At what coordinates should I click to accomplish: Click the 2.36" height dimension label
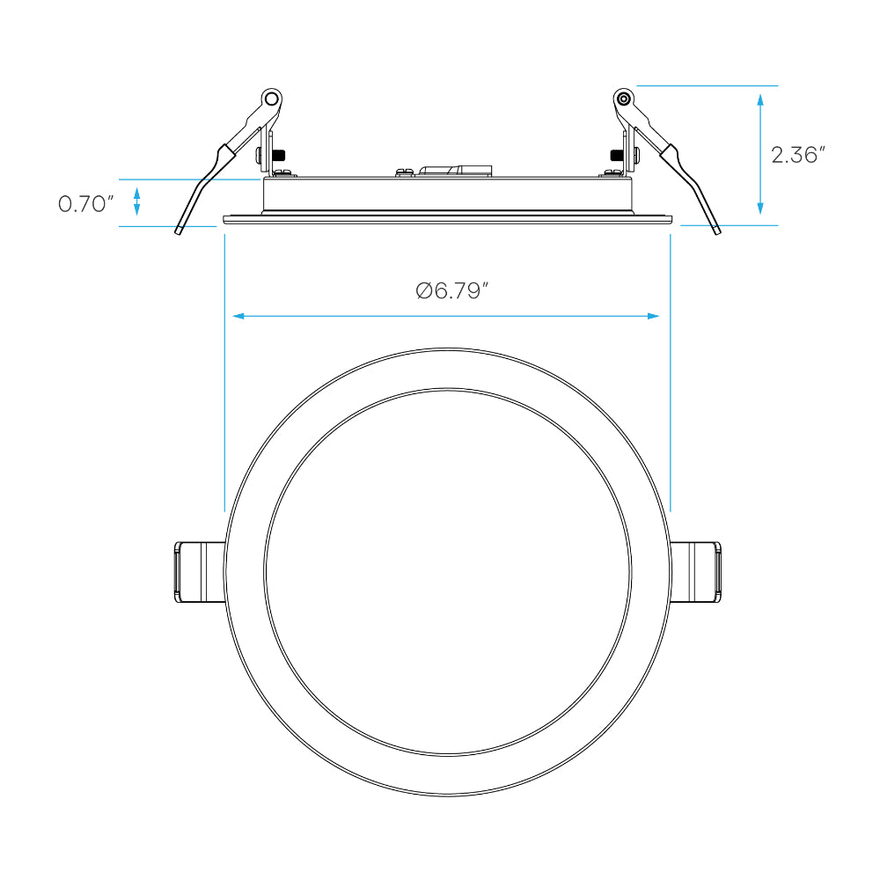(797, 155)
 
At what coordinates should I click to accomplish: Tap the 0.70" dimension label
(86, 204)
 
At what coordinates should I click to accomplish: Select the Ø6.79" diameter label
(451, 290)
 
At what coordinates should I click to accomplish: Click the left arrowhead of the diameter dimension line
(238, 317)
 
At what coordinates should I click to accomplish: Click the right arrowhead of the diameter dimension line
(653, 317)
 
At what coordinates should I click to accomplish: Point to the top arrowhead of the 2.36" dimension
(760, 100)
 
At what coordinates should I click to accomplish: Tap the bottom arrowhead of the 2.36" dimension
(760, 208)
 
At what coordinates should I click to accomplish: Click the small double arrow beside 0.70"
(136, 202)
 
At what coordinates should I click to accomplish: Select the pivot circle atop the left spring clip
(272, 99)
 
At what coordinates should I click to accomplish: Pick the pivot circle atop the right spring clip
(623, 99)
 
